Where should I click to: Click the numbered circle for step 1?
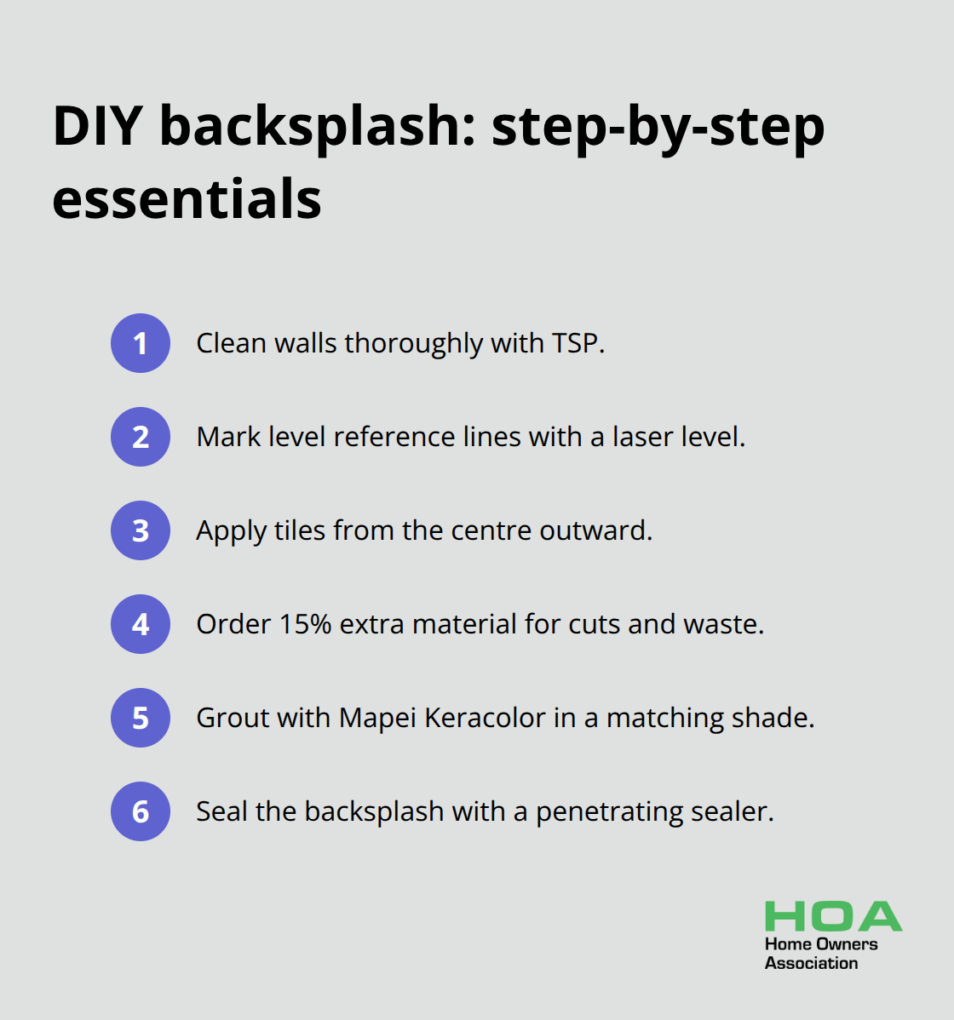(x=141, y=343)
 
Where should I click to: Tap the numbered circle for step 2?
(x=141, y=437)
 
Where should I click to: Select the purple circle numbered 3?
(x=141, y=530)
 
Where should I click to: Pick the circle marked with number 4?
(x=141, y=624)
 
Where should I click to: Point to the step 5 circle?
(x=141, y=718)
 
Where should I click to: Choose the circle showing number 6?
(x=141, y=811)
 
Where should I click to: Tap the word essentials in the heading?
(x=187, y=198)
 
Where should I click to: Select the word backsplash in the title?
(x=317, y=129)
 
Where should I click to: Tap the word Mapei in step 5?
(x=377, y=719)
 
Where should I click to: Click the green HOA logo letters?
(x=834, y=916)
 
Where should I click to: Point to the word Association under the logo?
(x=811, y=963)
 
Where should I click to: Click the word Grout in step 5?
(x=233, y=718)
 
